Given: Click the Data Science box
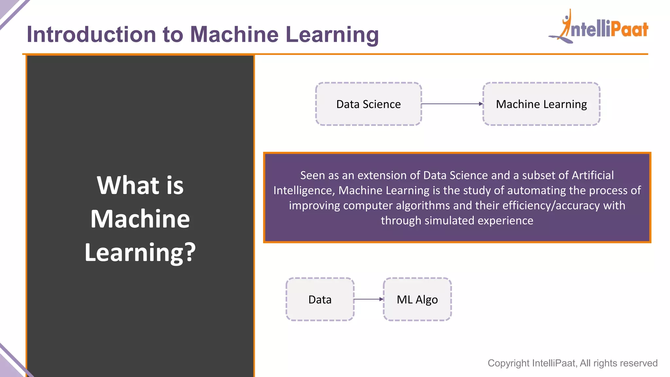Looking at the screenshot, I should pyautogui.click(x=368, y=104).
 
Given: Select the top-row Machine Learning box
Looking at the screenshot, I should pyautogui.click(x=541, y=104).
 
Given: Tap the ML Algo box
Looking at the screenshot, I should pyautogui.click(x=417, y=299).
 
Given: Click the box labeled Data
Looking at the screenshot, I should pyautogui.click(x=320, y=299).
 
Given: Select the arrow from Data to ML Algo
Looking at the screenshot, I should pyautogui.click(x=368, y=299).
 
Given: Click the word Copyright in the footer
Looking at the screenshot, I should pyautogui.click(x=508, y=363).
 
